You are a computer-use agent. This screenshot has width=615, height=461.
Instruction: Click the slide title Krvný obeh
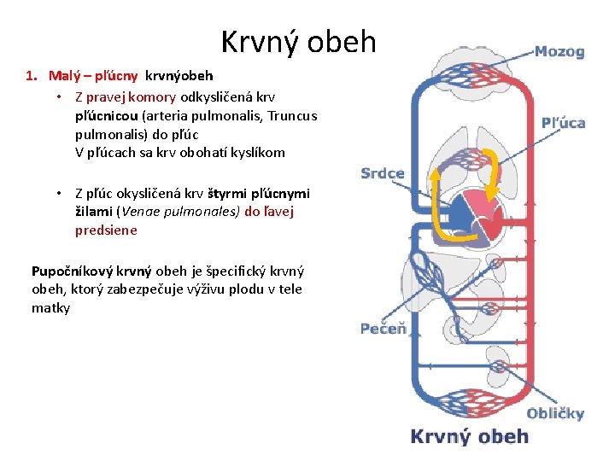(298, 42)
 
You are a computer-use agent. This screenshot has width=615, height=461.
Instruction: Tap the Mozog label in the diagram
(559, 51)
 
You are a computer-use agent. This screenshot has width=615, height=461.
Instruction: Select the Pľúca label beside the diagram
(563, 122)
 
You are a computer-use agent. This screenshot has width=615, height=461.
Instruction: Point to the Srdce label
(382, 173)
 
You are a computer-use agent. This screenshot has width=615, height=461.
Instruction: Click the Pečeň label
(383, 329)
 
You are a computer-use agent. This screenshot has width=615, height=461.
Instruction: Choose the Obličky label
(555, 413)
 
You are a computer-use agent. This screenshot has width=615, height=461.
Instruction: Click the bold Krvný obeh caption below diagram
(470, 436)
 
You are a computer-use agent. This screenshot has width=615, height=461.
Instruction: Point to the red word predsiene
(106, 230)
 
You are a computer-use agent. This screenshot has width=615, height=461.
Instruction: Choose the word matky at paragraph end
(50, 307)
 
